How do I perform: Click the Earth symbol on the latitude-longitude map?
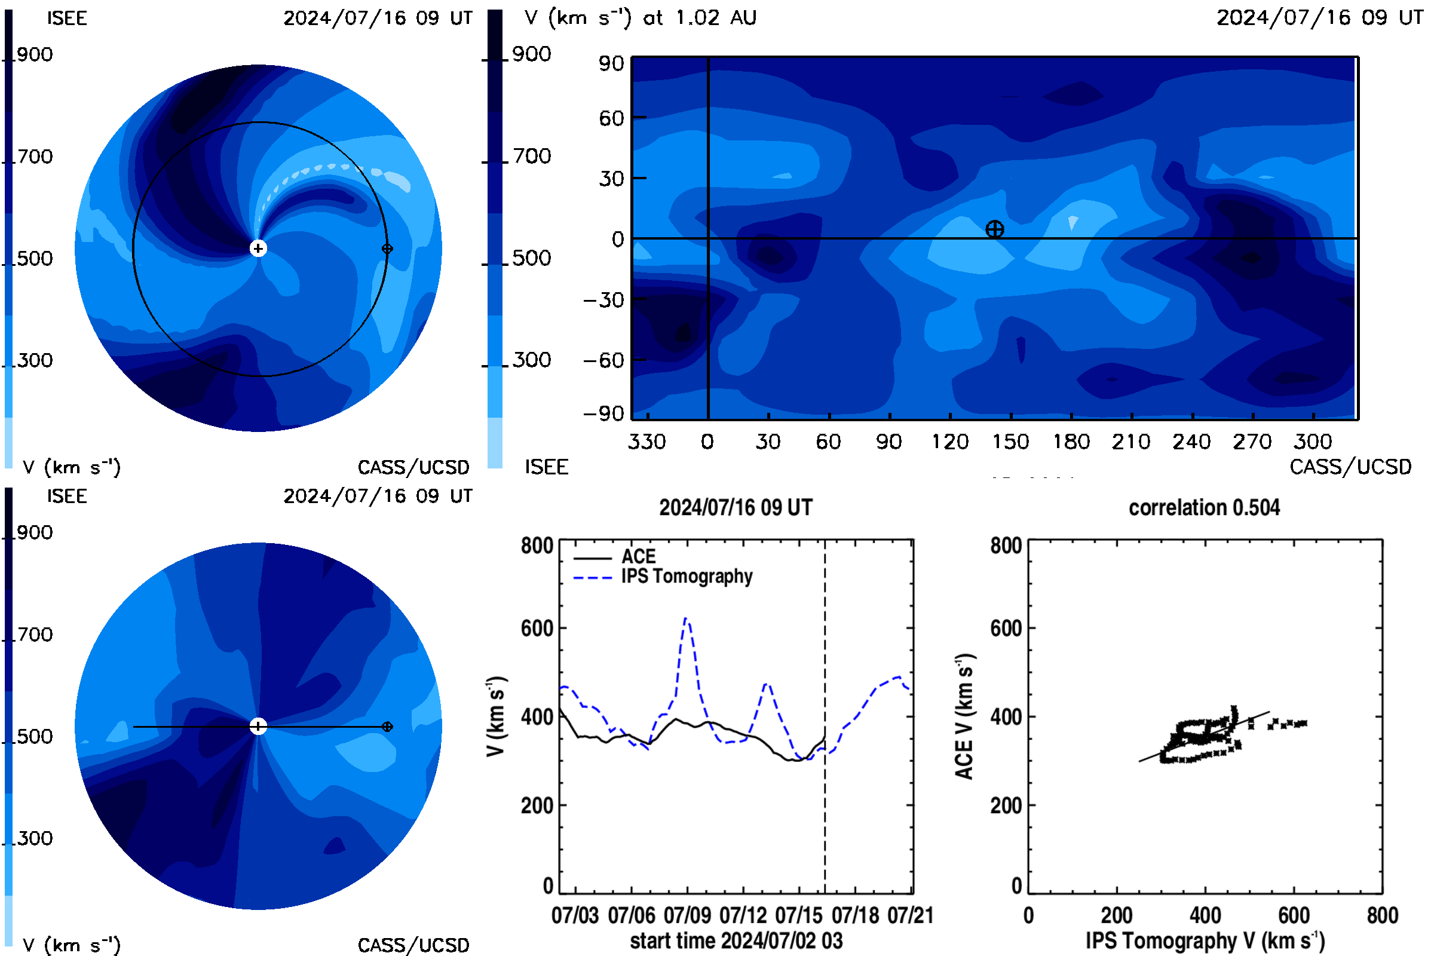pos(994,229)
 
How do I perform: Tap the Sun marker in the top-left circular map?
pos(258,248)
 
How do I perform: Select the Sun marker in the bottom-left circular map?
pos(258,726)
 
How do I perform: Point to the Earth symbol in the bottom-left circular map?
pos(387,726)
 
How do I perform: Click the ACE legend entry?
pos(615,557)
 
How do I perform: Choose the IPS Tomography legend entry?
pos(663,576)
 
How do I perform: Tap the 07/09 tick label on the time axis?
pos(687,915)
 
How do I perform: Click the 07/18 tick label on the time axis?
pos(856,915)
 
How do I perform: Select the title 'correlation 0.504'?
pos(1204,507)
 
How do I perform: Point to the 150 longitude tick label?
pos(1010,442)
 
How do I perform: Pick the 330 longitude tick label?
pos(647,442)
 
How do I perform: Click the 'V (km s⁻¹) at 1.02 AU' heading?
pos(641,18)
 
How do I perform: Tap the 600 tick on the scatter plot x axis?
pos(1294,915)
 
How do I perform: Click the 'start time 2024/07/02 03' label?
pos(736,940)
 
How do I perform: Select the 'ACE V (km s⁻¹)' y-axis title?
pos(964,716)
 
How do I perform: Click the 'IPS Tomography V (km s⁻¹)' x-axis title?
pos(1205,940)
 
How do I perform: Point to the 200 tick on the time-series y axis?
pos(537,805)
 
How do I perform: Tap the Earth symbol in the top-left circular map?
pos(387,248)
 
